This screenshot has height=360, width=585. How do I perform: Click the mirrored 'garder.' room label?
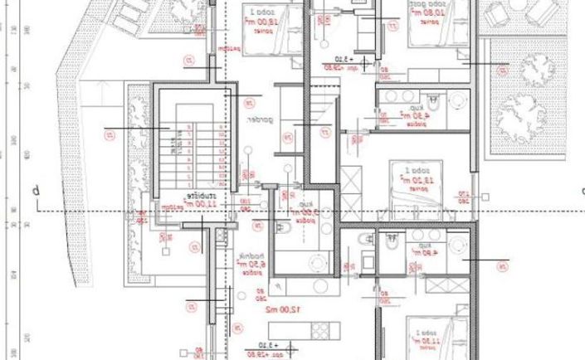point(259,119)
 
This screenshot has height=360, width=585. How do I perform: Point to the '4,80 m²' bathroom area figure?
point(426,255)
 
